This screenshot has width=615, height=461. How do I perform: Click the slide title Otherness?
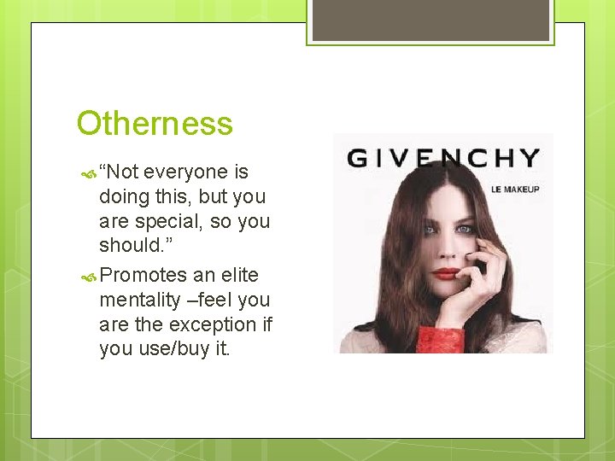click(155, 124)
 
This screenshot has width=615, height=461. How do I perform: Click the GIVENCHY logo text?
click(443, 159)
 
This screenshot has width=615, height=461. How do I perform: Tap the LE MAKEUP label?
click(515, 189)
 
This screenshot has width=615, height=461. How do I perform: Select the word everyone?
click(187, 172)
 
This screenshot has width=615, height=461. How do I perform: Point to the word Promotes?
click(143, 275)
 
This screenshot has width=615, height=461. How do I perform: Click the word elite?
click(238, 275)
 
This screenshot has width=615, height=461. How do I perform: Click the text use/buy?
click(176, 349)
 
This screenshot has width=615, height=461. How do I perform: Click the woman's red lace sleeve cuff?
click(442, 339)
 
